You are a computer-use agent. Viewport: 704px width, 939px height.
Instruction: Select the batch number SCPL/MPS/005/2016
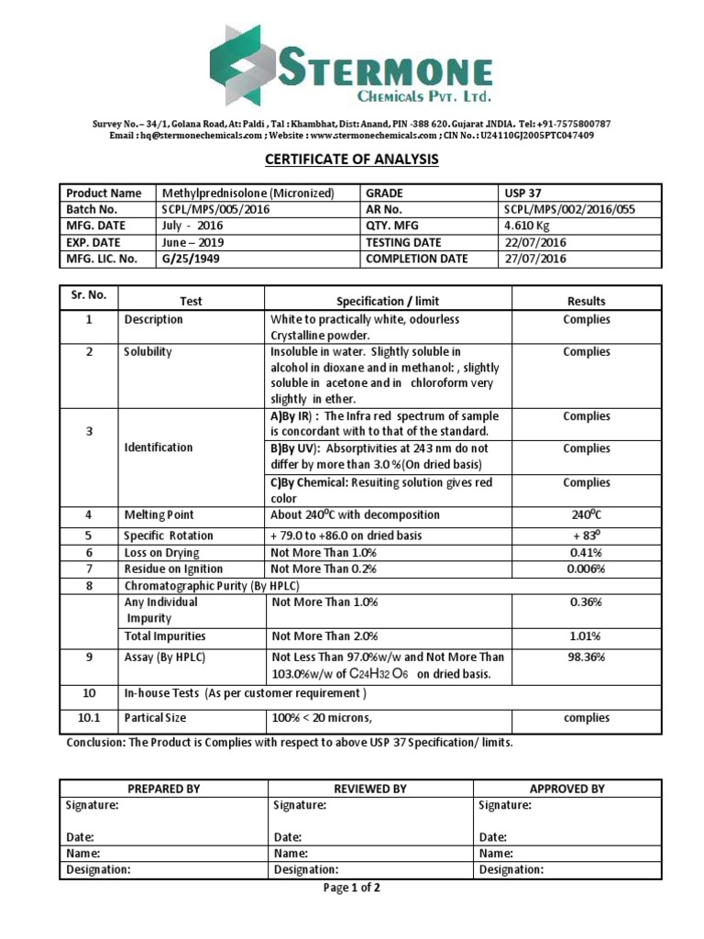216,209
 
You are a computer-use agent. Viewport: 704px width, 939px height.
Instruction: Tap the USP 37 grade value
524,193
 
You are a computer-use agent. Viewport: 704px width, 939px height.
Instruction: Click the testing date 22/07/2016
535,242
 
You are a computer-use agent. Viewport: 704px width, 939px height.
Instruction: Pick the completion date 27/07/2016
535,259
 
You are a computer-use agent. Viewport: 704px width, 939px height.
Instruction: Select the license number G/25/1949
192,259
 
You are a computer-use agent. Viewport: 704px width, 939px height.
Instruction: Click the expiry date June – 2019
193,242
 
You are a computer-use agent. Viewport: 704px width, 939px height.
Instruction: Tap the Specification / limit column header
388,301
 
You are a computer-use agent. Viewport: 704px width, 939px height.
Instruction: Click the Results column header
586,301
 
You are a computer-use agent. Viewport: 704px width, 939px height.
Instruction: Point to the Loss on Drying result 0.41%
586,552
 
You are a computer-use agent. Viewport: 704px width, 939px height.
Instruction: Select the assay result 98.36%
586,657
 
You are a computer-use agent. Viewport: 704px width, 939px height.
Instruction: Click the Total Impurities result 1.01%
586,635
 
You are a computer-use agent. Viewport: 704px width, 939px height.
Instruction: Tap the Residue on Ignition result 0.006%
586,569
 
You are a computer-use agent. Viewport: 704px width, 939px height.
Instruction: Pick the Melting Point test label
159,515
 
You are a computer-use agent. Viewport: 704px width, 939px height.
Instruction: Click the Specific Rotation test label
169,536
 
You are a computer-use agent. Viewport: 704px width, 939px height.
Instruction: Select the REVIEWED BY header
370,789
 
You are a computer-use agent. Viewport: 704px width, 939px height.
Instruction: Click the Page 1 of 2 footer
352,888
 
